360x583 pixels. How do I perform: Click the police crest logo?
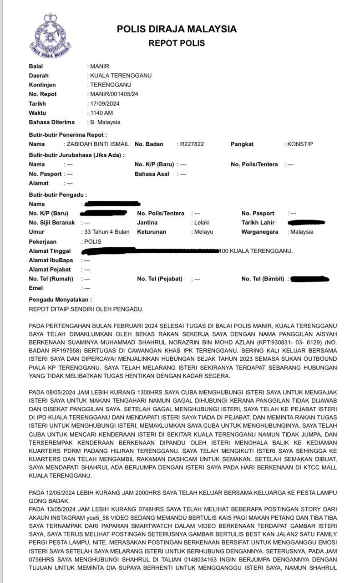[50, 36]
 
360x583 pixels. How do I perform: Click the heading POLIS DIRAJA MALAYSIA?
[177, 29]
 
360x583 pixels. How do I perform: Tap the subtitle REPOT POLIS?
[177, 44]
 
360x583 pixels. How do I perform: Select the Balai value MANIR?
[100, 66]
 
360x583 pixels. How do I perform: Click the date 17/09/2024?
[105, 103]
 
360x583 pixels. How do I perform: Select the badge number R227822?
[192, 144]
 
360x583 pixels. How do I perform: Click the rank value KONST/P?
[300, 144]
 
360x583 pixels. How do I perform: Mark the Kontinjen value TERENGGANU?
[111, 85]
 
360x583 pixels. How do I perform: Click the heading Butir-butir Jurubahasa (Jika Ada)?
[76, 155]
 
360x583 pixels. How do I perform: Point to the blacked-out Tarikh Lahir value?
[306, 222]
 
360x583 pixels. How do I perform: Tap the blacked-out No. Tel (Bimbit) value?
[309, 279]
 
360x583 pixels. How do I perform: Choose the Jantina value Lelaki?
[203, 223]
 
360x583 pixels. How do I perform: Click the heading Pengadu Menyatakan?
[60, 300]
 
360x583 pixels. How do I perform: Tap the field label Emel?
[35, 288]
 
